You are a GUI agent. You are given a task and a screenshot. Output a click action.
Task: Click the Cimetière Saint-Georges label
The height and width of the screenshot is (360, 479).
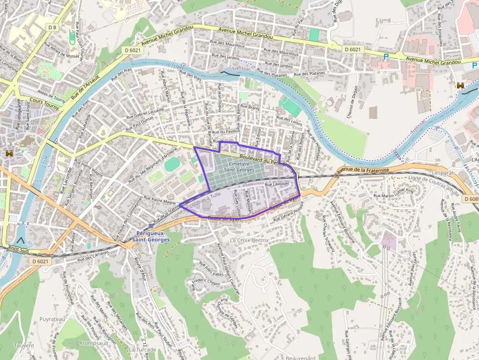click(x=239, y=167)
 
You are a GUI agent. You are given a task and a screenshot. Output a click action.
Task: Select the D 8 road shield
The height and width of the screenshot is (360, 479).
click(x=53, y=28)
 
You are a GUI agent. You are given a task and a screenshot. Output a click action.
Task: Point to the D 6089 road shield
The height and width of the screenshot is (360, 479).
click(x=471, y=199)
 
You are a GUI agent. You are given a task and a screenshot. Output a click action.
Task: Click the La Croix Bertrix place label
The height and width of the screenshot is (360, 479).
click(x=249, y=240)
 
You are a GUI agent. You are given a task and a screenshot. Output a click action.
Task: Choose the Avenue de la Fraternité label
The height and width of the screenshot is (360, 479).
click(x=363, y=171)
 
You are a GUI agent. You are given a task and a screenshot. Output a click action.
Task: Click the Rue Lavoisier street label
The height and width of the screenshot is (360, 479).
click(x=277, y=185)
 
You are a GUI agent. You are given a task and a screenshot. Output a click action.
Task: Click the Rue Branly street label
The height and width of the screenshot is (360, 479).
click(x=250, y=107)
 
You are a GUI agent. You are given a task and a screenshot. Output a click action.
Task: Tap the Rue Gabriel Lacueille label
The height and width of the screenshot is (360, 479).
click(x=145, y=113)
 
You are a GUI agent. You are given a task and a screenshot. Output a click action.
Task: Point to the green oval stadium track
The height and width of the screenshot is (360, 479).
click(x=172, y=164)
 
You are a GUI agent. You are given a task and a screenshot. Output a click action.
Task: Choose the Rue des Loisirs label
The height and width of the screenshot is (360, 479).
click(x=290, y=120)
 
